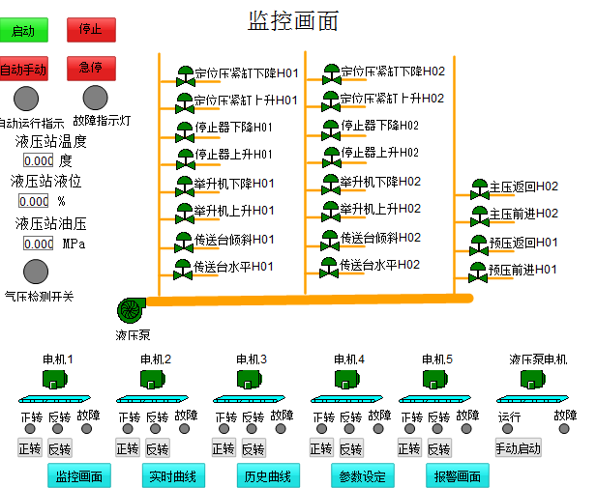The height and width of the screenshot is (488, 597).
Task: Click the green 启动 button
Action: tap(23, 31)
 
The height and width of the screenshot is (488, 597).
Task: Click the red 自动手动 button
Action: tap(23, 70)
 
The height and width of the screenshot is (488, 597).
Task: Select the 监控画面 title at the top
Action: tap(294, 19)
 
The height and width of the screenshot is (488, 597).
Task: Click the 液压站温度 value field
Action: tap(38, 160)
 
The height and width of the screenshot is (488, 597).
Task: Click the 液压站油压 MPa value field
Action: tap(38, 244)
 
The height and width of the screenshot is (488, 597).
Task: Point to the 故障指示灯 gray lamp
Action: tap(95, 98)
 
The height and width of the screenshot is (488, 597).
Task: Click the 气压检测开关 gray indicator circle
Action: tap(36, 272)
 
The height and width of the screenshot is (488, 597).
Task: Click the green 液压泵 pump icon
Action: tap(131, 309)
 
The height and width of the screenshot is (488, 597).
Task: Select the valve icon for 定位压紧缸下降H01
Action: tap(185, 74)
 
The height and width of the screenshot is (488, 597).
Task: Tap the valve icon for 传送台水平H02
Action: tap(331, 266)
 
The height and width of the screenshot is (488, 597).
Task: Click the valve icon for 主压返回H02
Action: tap(480, 187)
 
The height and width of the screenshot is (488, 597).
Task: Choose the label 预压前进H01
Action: tap(523, 270)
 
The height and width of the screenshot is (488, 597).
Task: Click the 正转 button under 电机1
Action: tap(31, 448)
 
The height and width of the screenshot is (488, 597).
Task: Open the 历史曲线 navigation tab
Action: tap(268, 476)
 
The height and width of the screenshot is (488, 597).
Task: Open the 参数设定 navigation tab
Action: tap(363, 476)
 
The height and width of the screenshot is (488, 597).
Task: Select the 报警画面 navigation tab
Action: tap(458, 476)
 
